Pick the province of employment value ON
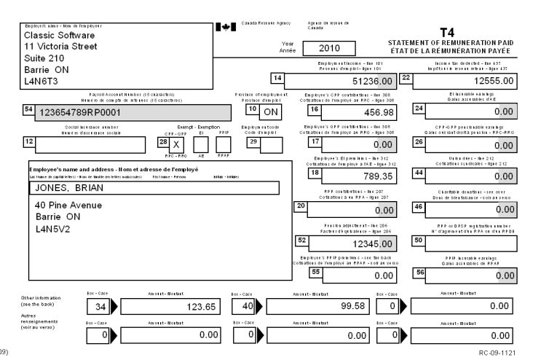[x=271, y=113]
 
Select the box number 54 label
[x=30, y=109]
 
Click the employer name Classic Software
[x=60, y=35]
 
